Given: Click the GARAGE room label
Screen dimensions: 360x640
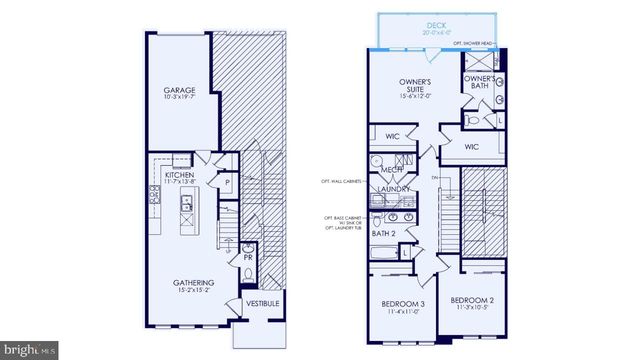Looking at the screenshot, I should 179,90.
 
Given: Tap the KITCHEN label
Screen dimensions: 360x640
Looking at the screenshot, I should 179,173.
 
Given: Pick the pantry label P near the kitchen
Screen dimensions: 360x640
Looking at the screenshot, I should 228,183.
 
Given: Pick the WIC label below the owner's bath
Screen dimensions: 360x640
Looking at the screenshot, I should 471,146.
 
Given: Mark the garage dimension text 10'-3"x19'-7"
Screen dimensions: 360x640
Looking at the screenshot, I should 179,99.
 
